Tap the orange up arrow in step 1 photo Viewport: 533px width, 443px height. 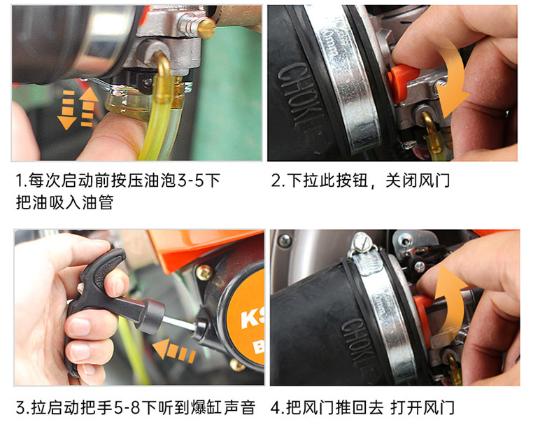click(x=88, y=107)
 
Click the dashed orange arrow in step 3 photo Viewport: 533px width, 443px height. click(x=174, y=350)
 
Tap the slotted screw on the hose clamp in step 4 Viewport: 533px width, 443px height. click(x=361, y=243)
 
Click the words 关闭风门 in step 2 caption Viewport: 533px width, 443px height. click(x=418, y=181)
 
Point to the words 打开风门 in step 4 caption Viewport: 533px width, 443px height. click(x=422, y=408)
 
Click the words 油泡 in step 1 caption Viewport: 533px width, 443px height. click(x=160, y=181)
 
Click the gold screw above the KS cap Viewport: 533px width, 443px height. click(x=204, y=272)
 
